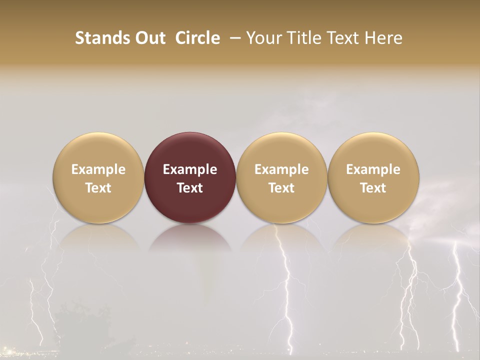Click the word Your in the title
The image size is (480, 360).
262,38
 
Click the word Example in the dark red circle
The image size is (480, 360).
190,169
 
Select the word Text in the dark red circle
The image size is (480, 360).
190,188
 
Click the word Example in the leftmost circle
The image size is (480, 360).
98,169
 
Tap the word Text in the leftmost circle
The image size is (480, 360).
98,188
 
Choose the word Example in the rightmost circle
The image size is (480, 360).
373,169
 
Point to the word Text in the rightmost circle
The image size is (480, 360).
373,188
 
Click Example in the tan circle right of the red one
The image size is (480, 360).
281,169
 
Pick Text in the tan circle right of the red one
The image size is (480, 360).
281,188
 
